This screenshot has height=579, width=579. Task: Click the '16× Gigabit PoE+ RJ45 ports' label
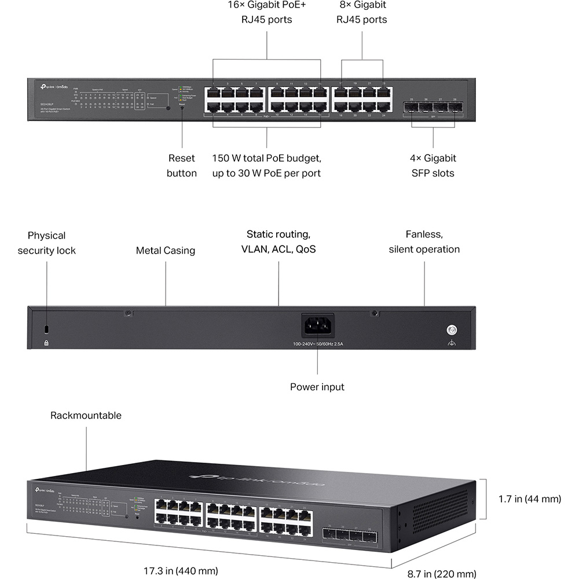coord(266,12)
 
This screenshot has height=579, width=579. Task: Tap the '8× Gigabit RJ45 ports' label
coord(362,12)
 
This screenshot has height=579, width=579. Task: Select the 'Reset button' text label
coord(182,166)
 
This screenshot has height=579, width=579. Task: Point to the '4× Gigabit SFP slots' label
coord(434,166)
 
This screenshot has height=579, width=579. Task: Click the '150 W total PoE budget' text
coord(266,158)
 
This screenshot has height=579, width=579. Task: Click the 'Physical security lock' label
coord(46,243)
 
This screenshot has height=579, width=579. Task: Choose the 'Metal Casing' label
coord(166,251)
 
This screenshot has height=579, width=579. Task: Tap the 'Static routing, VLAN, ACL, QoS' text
coord(278,242)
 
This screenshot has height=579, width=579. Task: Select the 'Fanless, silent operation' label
coord(424,242)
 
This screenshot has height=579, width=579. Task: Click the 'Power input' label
coord(317,387)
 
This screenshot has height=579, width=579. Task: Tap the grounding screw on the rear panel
coord(451,330)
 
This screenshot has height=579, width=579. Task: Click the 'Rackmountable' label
coord(86,415)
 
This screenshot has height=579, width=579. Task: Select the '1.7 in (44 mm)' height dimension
coord(530,499)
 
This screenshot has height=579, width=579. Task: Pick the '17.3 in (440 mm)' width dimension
coord(181,571)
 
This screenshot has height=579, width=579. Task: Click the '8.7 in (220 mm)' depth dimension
coord(442,574)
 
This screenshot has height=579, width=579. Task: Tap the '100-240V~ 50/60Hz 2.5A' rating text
coord(318,344)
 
